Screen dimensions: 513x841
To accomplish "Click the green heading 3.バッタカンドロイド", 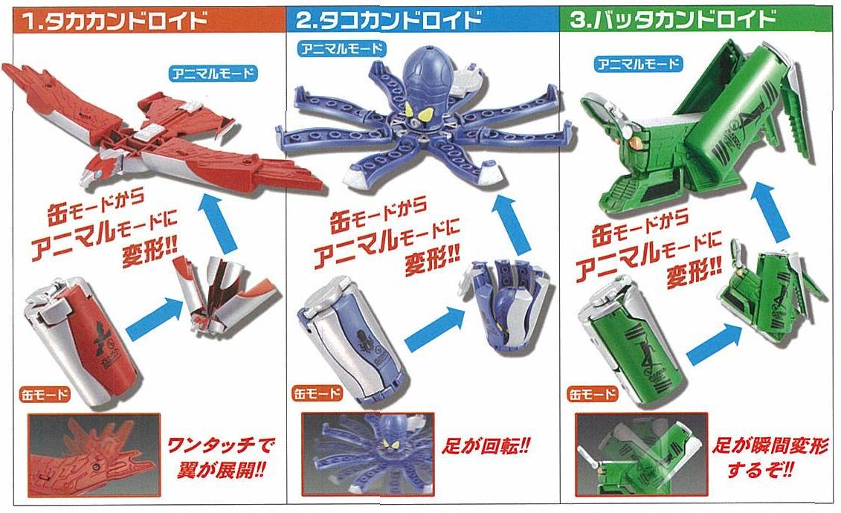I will click(x=673, y=19).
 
